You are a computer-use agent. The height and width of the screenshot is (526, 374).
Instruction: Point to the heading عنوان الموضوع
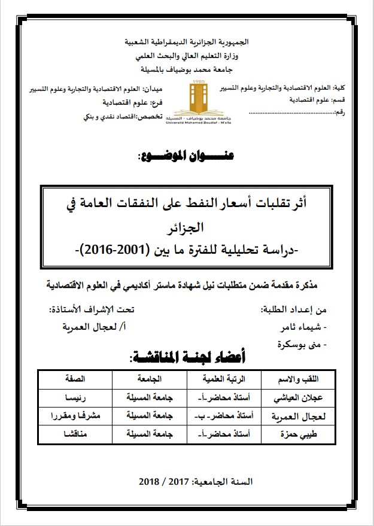(187, 157)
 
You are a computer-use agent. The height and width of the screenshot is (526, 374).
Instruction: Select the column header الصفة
(75, 380)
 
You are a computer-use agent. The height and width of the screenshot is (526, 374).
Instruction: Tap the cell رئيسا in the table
(75, 398)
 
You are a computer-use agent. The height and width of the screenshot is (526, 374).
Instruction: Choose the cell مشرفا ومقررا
(75, 415)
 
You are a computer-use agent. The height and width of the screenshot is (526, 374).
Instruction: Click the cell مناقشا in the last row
(75, 433)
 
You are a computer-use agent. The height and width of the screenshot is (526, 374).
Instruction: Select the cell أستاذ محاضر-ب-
(223, 415)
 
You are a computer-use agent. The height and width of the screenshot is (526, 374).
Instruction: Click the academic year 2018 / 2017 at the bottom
(187, 481)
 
